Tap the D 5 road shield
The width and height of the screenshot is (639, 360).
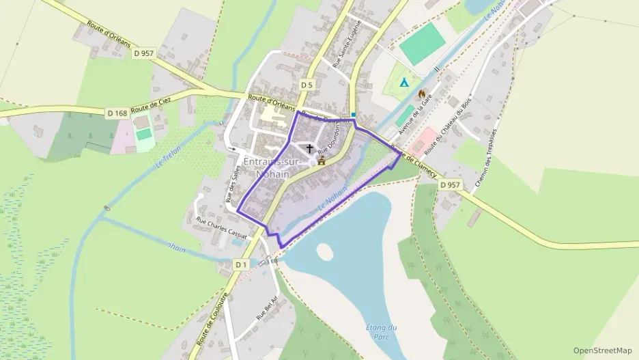[x=307, y=85]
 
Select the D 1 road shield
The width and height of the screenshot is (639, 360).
[x=240, y=264]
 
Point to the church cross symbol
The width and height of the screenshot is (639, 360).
[x=310, y=148]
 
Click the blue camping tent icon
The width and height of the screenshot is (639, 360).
[x=404, y=83]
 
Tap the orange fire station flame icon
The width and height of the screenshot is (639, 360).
[x=421, y=94]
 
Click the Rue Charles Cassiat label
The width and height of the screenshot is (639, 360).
[x=221, y=226]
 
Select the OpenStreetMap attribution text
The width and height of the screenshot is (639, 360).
[x=602, y=350]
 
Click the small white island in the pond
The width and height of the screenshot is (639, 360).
[x=325, y=252]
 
